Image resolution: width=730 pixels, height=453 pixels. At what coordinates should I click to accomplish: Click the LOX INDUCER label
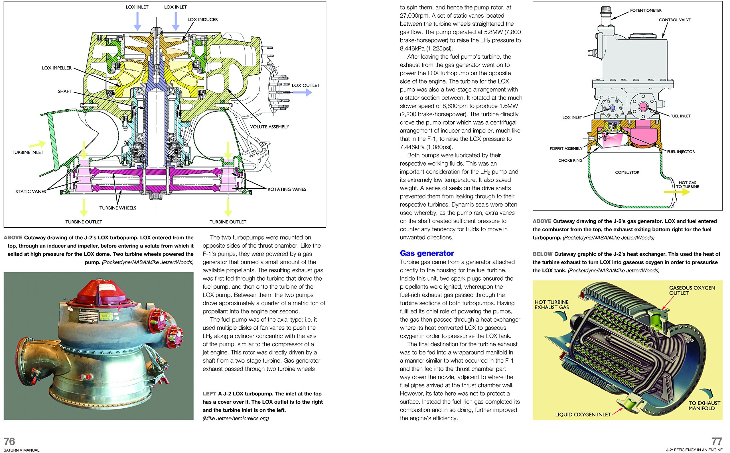(202, 19)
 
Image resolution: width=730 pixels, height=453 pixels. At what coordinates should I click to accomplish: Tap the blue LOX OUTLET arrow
(302, 93)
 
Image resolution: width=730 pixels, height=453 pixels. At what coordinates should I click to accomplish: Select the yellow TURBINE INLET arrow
(38, 144)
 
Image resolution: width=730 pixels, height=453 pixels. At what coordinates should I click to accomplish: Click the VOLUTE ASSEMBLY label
(269, 127)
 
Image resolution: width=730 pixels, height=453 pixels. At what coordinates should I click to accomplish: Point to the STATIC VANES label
(31, 191)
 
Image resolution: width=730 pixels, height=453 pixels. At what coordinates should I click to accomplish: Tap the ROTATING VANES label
(286, 189)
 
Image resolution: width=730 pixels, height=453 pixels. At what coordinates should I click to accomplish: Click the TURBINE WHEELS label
(117, 208)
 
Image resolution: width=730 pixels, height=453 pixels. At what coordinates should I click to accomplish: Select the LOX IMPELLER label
(57, 68)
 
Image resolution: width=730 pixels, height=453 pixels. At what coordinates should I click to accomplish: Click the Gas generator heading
(427, 253)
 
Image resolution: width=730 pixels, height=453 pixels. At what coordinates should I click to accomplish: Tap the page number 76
(9, 441)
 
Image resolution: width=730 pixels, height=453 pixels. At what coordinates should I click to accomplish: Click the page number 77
(717, 441)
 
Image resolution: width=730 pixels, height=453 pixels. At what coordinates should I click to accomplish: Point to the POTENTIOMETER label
(646, 11)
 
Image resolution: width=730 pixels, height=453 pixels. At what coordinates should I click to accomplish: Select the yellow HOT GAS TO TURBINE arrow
(677, 192)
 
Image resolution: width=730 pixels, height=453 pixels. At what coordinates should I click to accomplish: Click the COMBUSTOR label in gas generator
(627, 172)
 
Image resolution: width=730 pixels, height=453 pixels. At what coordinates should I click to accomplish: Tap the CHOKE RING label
(570, 161)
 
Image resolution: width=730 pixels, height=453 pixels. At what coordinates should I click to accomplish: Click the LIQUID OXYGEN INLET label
(583, 415)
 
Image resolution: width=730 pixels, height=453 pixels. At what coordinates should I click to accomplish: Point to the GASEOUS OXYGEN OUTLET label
(692, 290)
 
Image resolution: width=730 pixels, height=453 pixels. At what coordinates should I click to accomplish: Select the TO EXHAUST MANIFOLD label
(704, 406)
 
